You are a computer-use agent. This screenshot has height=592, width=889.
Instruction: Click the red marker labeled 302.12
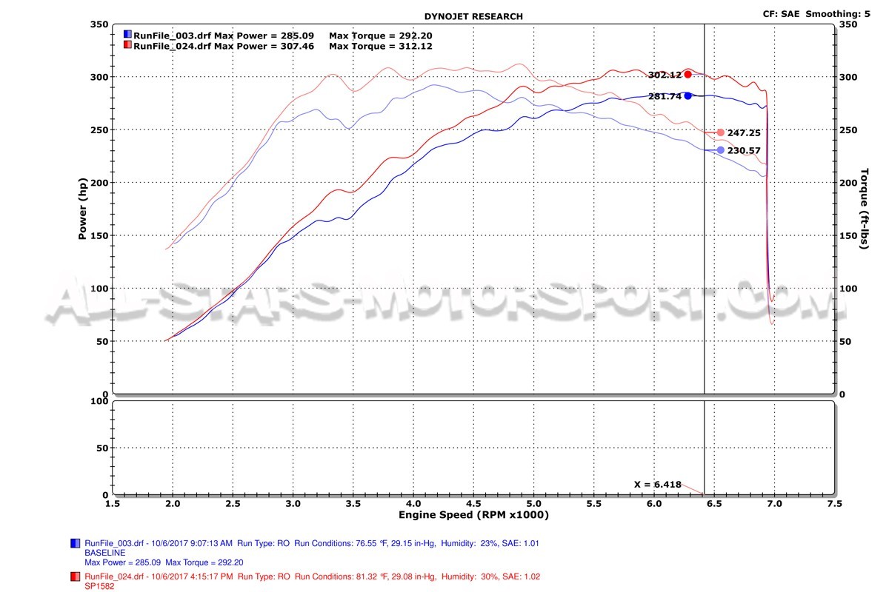point(688,74)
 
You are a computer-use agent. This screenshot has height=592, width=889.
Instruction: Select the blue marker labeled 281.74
point(687,95)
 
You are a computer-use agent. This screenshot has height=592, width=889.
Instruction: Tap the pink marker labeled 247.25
point(720,132)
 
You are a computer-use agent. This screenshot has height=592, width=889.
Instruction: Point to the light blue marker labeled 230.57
point(720,150)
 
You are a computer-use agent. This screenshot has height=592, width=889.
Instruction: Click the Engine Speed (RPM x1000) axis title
point(474,515)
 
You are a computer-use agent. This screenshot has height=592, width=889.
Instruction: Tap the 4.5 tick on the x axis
point(413,503)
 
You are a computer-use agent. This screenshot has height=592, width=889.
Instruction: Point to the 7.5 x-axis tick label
point(834,503)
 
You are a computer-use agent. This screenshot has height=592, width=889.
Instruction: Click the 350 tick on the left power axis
point(99,24)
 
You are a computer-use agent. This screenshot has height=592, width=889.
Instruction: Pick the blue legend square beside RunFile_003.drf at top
point(127,35)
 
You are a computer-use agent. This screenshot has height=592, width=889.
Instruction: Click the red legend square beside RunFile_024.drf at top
point(127,46)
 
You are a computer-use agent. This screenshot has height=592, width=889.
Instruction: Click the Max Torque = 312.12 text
point(381,46)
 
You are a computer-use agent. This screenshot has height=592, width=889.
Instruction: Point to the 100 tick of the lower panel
point(99,401)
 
